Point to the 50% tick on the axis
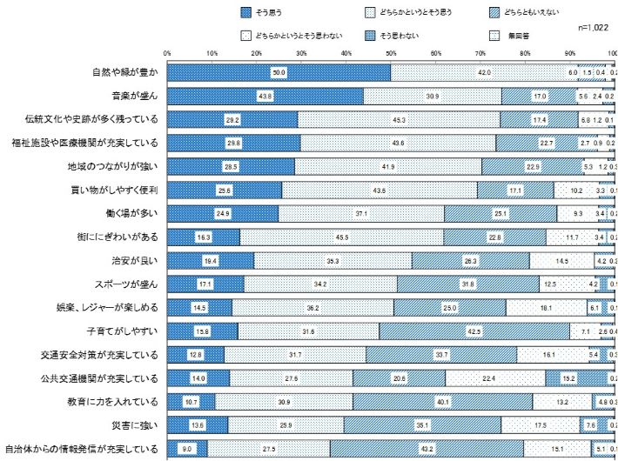(391, 53)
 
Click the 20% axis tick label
(256, 53)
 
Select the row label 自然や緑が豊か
(124, 72)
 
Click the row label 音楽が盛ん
(134, 96)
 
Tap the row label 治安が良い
(134, 260)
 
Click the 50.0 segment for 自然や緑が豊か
(279, 72)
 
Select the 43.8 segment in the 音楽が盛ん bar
(265, 96)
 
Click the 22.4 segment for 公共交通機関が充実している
(495, 378)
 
